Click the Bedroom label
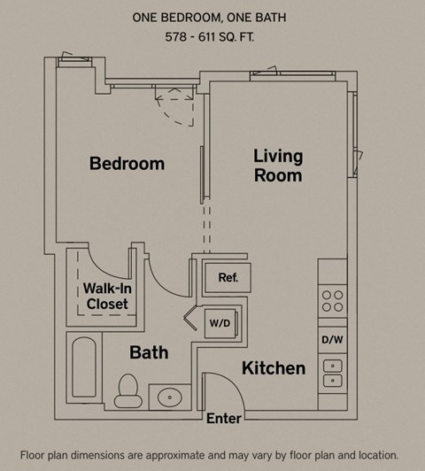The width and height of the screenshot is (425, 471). [x=127, y=164]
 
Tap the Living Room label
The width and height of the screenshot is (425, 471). [x=278, y=166]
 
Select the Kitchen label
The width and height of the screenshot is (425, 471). [x=274, y=368]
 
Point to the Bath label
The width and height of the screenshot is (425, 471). [x=149, y=352]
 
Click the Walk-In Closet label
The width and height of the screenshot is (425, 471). [x=107, y=297]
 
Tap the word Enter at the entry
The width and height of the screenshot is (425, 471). [x=224, y=419]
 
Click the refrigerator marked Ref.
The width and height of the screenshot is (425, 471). [x=228, y=278]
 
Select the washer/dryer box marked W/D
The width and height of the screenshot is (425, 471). [x=221, y=323]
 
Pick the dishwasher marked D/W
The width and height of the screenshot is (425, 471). [x=333, y=340]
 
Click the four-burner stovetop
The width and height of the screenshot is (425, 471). [x=333, y=301]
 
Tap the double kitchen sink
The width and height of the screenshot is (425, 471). [x=333, y=374]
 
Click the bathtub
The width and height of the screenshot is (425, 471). [x=84, y=367]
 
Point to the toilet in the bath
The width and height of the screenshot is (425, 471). [x=128, y=390]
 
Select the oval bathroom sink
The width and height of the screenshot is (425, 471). [x=170, y=398]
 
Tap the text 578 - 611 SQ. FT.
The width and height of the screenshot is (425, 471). [x=209, y=37]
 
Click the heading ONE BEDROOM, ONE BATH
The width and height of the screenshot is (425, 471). [x=209, y=18]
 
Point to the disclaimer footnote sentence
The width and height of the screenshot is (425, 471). [x=209, y=455]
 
